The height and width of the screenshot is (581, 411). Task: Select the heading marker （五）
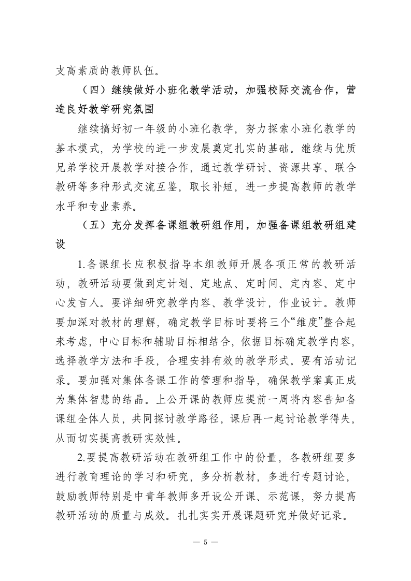[93, 226]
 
